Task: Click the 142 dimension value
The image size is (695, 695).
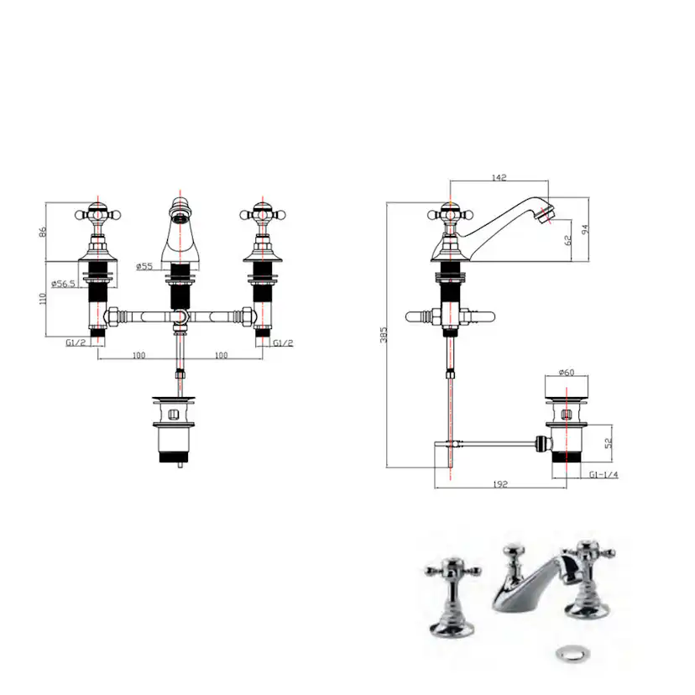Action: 499,177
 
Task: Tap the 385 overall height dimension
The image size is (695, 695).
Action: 384,335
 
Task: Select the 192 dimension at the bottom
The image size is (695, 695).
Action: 500,484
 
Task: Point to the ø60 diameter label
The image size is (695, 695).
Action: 566,373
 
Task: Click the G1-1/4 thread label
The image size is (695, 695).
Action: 604,475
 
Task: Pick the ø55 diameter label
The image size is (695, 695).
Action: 144,266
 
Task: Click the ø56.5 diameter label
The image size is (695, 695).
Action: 64,284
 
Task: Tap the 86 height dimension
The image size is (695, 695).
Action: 43,232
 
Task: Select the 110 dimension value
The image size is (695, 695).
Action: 43,298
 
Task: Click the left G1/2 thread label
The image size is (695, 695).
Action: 76,342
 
